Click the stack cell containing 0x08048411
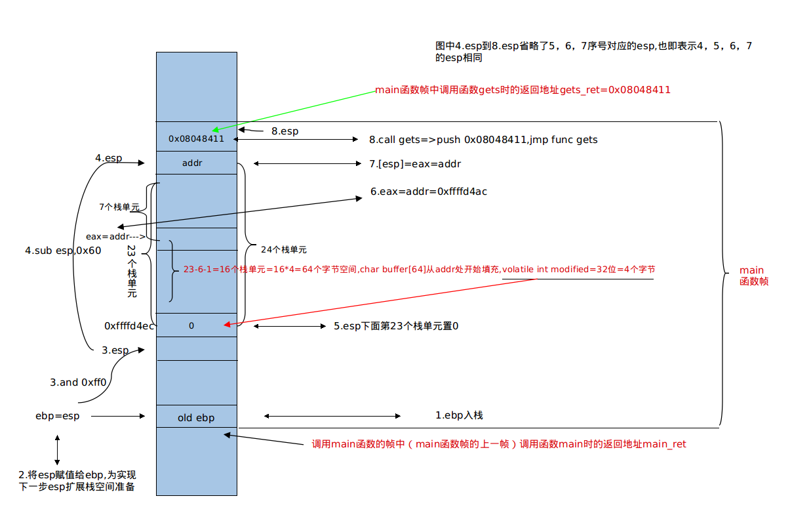pos(196,139)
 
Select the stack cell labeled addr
pos(192,163)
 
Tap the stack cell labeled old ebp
pos(196,418)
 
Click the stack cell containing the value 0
pos(191,325)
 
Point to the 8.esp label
pos(285,131)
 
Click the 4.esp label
pos(108,158)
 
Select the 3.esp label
pos(115,350)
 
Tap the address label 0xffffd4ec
pos(129,325)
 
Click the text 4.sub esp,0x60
pos(63,251)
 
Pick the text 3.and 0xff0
pos(78,382)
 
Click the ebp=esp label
pos(58,416)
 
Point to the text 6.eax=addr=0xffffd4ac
pos(429,192)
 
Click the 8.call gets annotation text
pos(483,140)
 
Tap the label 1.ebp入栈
pos(459,415)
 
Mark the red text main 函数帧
pos(753,276)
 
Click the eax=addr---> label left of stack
pos(115,236)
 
